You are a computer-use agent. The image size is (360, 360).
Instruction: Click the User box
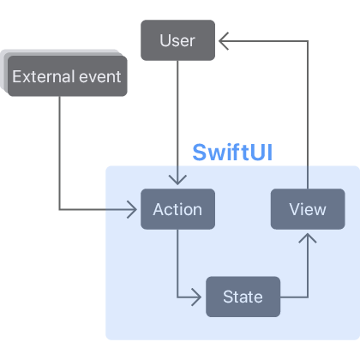(177, 40)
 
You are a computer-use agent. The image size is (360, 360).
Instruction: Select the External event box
(67, 77)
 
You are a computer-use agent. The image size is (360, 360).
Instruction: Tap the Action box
(177, 209)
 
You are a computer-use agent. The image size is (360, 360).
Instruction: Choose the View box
(308, 209)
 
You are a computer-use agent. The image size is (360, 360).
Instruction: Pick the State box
(243, 297)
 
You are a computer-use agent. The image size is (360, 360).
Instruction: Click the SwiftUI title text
(237, 152)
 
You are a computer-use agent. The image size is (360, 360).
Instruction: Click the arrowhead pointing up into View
(308, 237)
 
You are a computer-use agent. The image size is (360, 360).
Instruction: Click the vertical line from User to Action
(177, 120)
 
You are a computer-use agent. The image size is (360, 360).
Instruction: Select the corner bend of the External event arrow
(60, 209)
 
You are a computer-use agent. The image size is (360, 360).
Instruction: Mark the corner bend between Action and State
(177, 297)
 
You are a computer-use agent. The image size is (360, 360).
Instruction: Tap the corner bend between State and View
(308, 297)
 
